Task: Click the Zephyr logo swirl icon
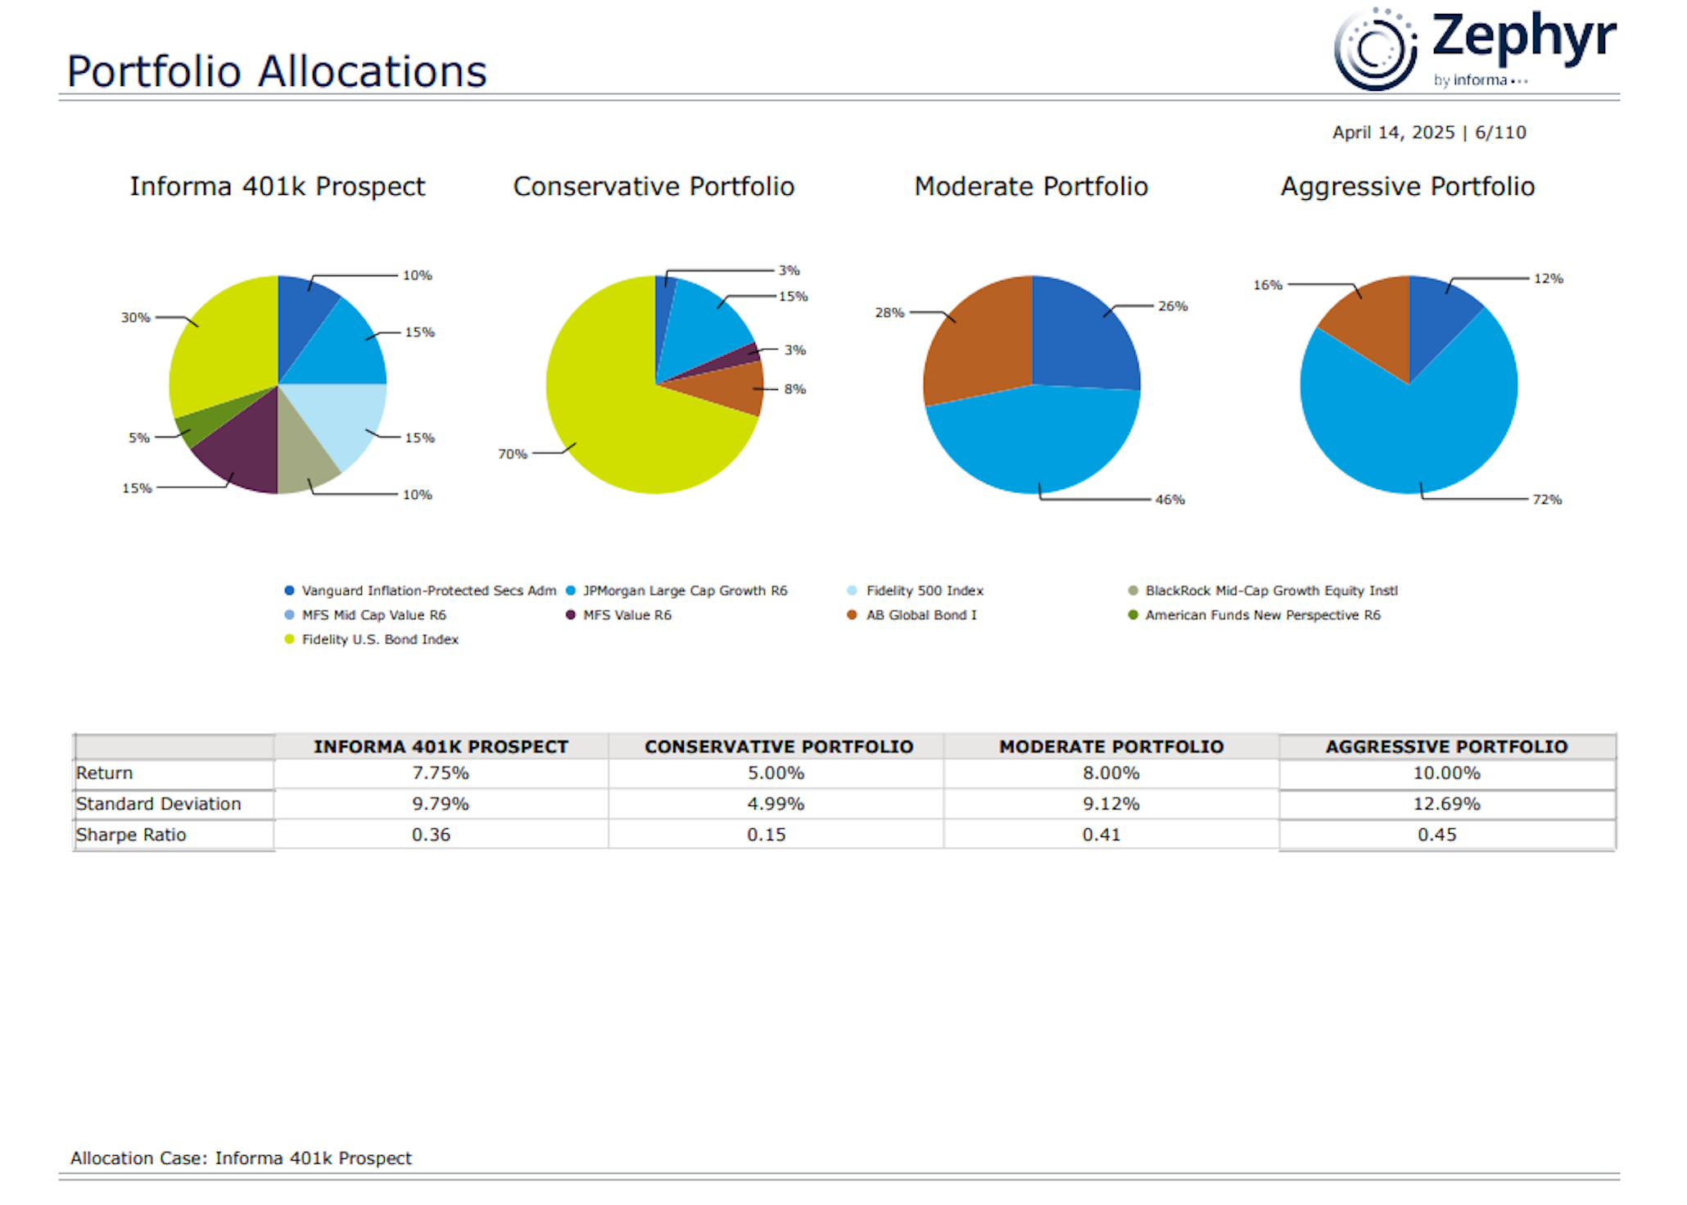(x=1375, y=49)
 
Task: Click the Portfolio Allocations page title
(x=277, y=71)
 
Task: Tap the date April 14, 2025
(x=1393, y=133)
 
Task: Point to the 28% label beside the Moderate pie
(x=889, y=313)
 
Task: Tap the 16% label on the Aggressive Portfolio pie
(x=1267, y=285)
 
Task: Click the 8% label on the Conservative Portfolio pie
(x=794, y=389)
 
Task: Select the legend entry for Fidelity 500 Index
(x=924, y=591)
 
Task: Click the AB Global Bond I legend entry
(x=920, y=615)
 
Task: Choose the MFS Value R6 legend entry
(x=626, y=615)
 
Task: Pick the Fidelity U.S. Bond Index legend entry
(x=379, y=640)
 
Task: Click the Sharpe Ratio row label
(x=131, y=835)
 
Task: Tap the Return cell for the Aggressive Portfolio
(x=1446, y=773)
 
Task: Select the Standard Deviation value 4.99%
(x=775, y=804)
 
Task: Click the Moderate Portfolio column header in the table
(x=1110, y=747)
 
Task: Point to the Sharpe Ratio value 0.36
(x=431, y=835)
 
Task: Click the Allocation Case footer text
(x=241, y=1158)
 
